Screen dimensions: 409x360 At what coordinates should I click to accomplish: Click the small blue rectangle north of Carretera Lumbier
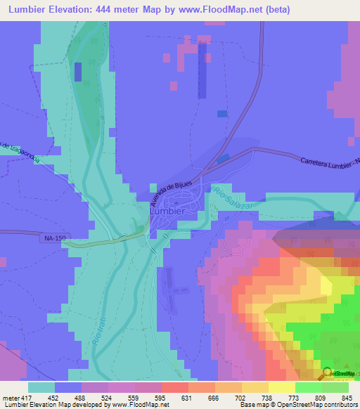point(222,114)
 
